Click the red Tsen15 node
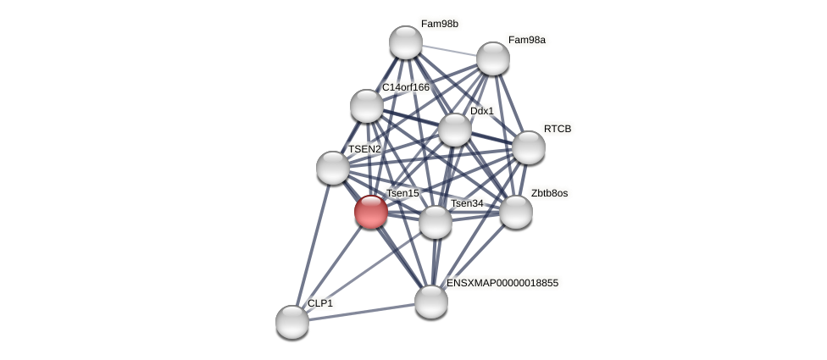pos(370,212)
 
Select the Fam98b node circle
pos(406,42)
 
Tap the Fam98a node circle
pos(492,58)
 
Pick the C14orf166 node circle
pos(367,106)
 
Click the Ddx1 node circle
pos(455,130)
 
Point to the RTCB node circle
pos(529,147)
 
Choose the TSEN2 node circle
pos(333,168)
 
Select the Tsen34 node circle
pos(436,222)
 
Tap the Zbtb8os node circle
pos(516,212)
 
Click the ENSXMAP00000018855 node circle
pos(431,302)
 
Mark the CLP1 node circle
pos(292,322)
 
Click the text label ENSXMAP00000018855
pos(502,283)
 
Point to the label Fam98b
pos(440,24)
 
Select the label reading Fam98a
pos(527,40)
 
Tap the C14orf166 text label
pos(406,87)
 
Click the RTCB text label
pos(558,129)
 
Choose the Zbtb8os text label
pos(549,193)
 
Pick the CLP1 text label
pos(320,303)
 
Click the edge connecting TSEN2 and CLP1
pos(313,245)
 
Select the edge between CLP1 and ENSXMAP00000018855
pos(362,312)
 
